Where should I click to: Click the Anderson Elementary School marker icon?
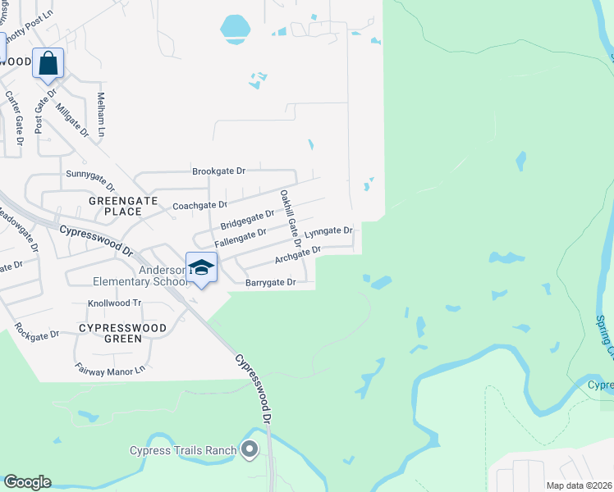tap(201, 267)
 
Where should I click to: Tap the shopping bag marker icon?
tap(48, 63)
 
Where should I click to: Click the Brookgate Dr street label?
tap(219, 171)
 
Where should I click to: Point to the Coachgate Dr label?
tap(199, 205)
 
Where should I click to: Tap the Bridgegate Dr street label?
tap(247, 220)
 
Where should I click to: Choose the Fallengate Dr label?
tap(241, 239)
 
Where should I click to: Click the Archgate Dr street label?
tap(297, 255)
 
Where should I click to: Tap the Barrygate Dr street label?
tap(269, 283)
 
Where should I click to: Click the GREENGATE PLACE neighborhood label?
tap(116, 205)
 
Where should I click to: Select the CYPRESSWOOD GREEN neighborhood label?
tap(122, 333)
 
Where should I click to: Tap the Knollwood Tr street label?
tap(115, 303)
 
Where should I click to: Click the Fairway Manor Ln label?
tap(109, 371)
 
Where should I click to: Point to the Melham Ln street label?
tap(102, 114)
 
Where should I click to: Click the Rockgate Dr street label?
tap(36, 334)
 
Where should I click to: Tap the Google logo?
tap(27, 482)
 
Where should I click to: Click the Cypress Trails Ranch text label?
tap(183, 449)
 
